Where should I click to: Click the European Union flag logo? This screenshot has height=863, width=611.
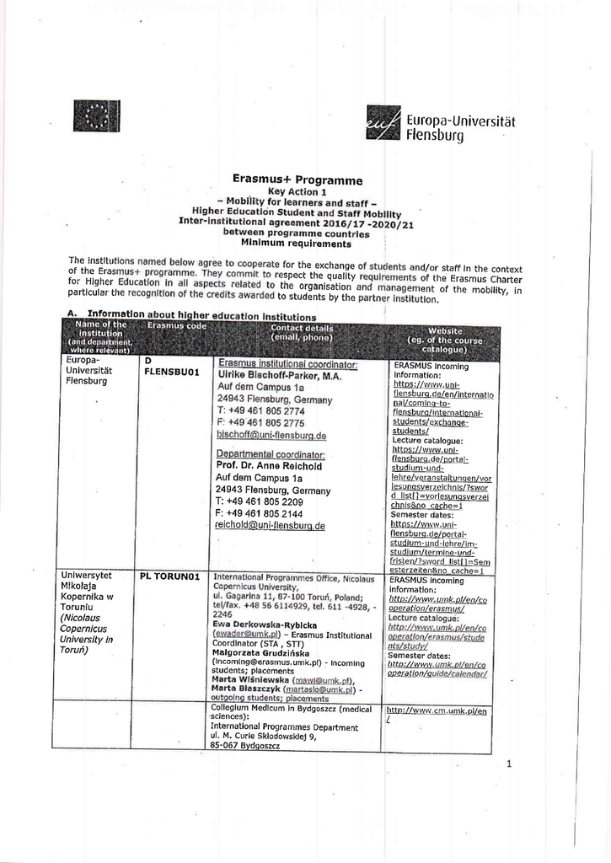(97, 115)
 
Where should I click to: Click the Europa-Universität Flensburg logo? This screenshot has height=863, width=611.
(441, 123)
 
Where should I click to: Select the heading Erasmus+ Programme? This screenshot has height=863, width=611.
(297, 180)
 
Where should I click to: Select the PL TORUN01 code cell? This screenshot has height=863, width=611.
(170, 576)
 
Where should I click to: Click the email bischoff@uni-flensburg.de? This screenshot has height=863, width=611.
(271, 436)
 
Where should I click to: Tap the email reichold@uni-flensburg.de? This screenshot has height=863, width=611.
(271, 525)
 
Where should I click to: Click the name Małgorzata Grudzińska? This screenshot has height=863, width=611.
(261, 652)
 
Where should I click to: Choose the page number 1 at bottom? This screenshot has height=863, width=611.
(509, 764)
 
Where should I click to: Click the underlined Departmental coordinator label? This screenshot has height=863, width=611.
(271, 453)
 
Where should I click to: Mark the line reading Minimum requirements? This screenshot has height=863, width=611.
(296, 244)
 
